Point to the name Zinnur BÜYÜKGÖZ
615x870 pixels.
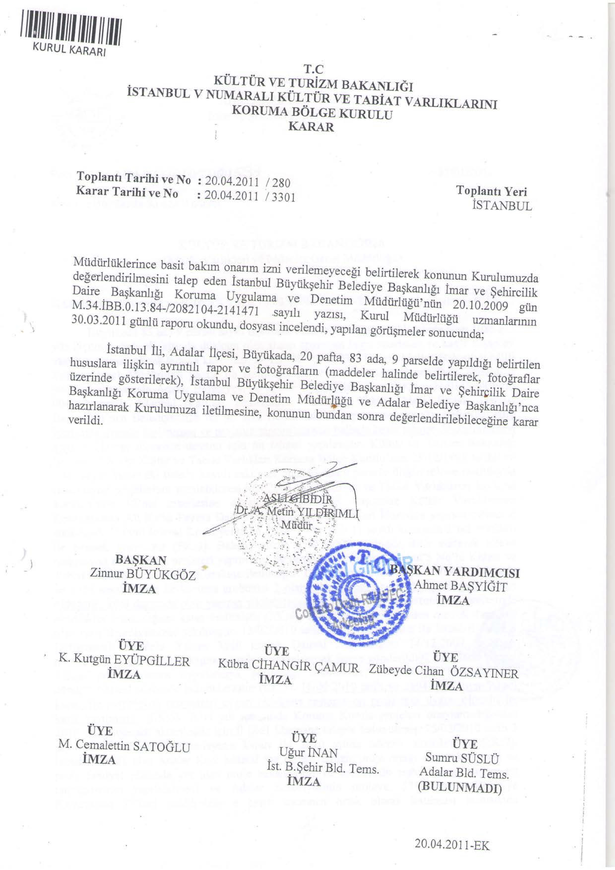click(143, 574)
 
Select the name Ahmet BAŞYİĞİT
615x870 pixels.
click(461, 587)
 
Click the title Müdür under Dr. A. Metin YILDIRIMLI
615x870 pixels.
click(297, 525)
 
